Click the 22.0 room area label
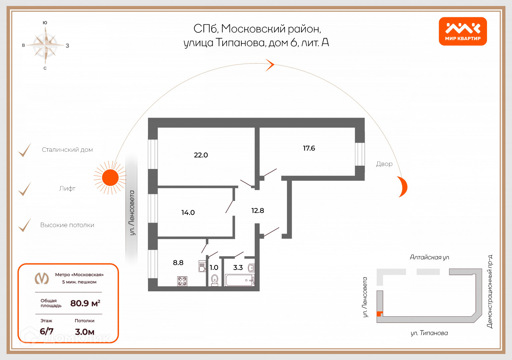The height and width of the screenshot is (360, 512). (201, 155)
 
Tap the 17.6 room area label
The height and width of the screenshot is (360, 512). (309, 148)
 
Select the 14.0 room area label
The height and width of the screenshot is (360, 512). (188, 213)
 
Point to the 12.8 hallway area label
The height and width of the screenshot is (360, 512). (257, 211)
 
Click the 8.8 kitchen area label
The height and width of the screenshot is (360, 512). (178, 263)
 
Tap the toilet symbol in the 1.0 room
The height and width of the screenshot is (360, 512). (215, 280)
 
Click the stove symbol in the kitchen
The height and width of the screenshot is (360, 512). (182, 281)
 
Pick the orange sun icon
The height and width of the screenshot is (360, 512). (110, 177)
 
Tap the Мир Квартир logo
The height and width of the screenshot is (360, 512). (463, 31)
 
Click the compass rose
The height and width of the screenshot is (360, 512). (46, 45)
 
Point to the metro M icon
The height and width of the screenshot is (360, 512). (42, 278)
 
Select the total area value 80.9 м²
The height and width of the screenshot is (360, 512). (85, 303)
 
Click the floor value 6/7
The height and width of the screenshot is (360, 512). (47, 331)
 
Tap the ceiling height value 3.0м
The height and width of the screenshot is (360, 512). (85, 332)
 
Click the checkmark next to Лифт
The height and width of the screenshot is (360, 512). (25, 189)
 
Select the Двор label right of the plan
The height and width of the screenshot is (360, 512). (384, 164)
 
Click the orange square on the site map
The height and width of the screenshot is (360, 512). (379, 314)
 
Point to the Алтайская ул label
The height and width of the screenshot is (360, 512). (429, 257)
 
